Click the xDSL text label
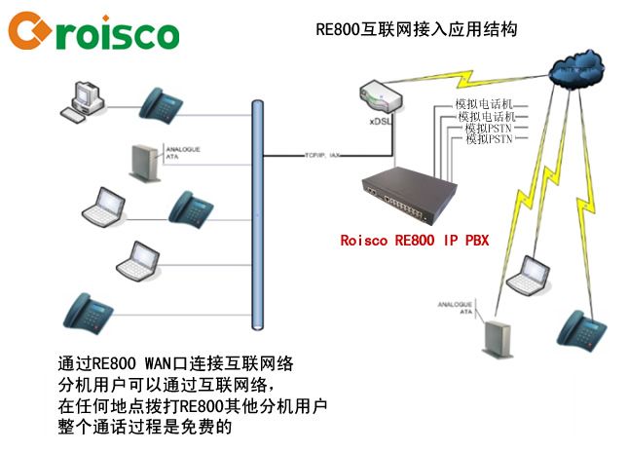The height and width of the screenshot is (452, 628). click(x=381, y=125)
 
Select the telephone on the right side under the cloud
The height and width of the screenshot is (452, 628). click(x=582, y=329)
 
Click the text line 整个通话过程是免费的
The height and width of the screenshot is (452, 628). click(x=146, y=426)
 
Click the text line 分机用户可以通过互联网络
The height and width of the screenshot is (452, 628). click(x=161, y=383)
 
